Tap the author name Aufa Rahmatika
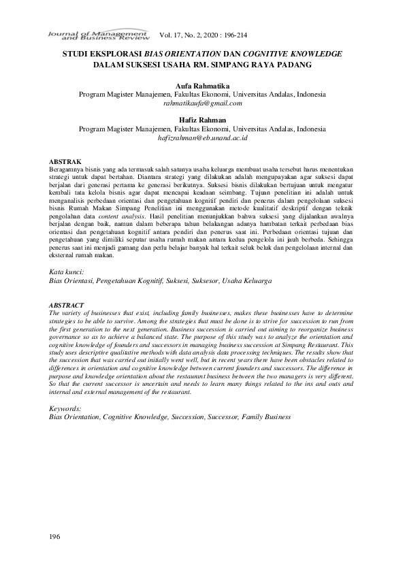(x=202, y=85)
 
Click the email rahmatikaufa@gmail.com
(x=202, y=103)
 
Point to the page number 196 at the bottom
(x=55, y=538)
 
